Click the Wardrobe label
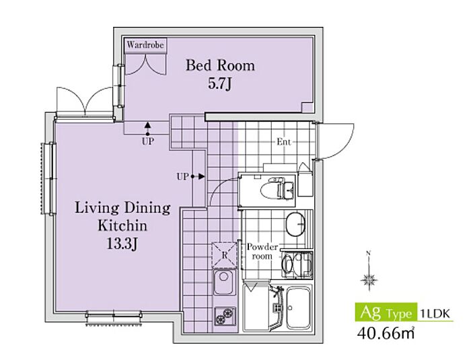[x=145, y=45]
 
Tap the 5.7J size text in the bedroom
[x=220, y=84]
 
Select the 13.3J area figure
[x=122, y=244]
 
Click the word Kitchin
[x=122, y=225]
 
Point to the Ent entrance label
[x=284, y=141]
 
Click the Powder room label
[x=262, y=252]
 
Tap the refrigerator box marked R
[x=224, y=255]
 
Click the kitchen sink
[x=224, y=282]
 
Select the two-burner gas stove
[x=225, y=316]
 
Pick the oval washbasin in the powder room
[x=295, y=225]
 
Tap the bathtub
[x=298, y=308]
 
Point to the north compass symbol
[x=369, y=276]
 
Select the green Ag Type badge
[x=386, y=312]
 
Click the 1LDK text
[x=435, y=314]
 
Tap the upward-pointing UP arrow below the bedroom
[x=147, y=129]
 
